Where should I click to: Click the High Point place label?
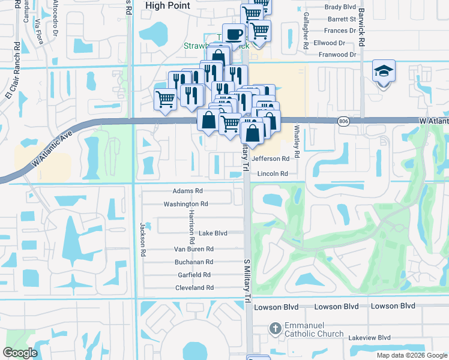tap(168, 5)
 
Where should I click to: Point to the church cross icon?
tap(275, 329)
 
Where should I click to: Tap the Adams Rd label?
tap(187, 191)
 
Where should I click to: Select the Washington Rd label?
tap(185, 204)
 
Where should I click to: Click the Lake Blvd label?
tap(213, 233)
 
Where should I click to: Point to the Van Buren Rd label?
tap(193, 249)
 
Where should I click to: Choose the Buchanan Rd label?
tap(194, 262)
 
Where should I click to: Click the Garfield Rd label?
tap(194, 275)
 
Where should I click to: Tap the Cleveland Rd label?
tap(194, 288)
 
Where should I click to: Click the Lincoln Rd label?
tap(273, 174)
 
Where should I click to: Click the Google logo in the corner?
tap(20, 353)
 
